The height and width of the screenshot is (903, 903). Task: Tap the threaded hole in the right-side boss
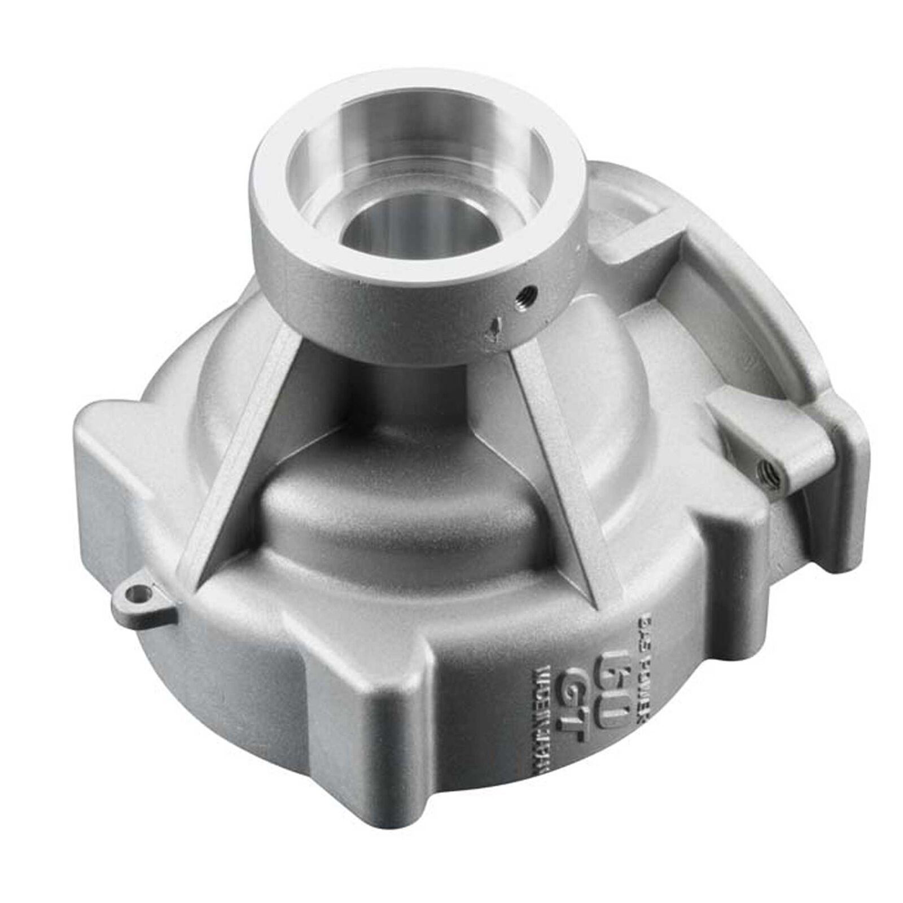click(x=770, y=466)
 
